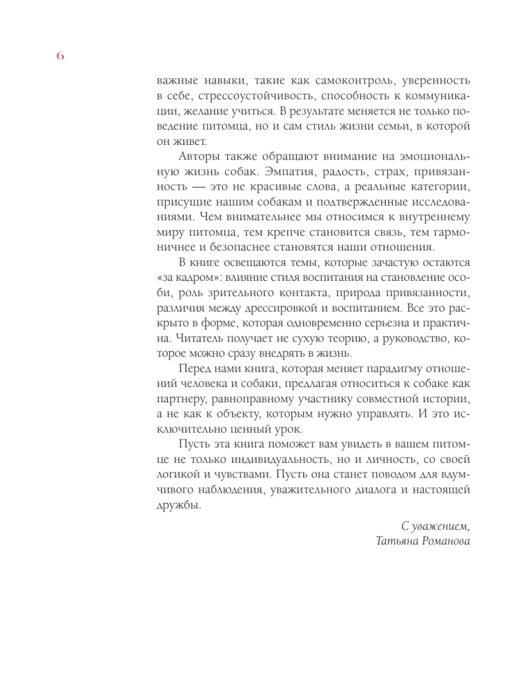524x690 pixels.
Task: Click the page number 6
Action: (x=59, y=57)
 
